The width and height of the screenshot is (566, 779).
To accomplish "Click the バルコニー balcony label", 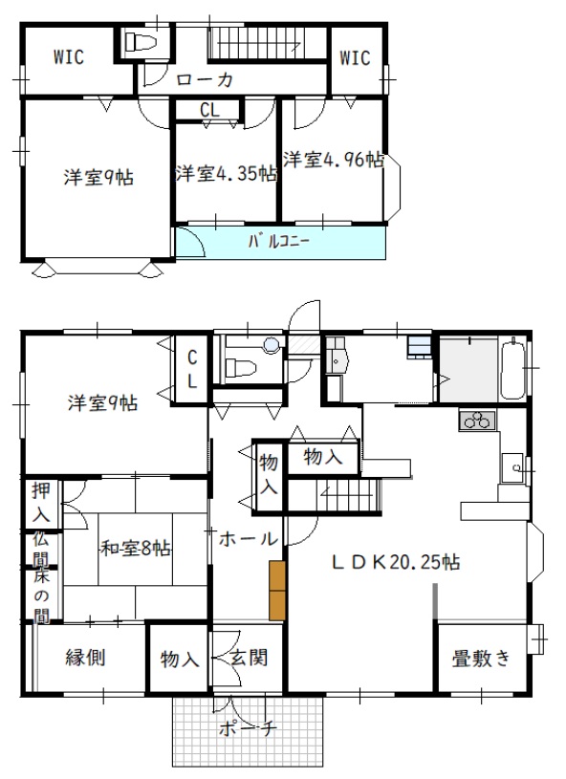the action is click(279, 242).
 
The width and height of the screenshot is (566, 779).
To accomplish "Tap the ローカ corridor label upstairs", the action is click(205, 79).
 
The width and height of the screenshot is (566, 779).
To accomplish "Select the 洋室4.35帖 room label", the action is click(226, 173).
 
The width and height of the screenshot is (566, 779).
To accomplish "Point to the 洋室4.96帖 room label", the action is click(334, 160).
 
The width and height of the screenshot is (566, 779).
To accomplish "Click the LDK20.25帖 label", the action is click(396, 562).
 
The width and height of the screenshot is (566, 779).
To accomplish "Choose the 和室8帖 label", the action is click(136, 549).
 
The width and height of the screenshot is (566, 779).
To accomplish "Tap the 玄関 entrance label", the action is click(249, 658).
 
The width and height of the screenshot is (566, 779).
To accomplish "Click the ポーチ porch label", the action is click(247, 729).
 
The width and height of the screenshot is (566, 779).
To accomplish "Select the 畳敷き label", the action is click(481, 659).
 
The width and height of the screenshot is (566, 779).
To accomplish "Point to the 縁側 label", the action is click(85, 658).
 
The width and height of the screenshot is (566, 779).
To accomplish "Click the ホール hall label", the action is click(248, 538).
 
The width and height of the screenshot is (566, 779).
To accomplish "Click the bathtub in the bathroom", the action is click(512, 368).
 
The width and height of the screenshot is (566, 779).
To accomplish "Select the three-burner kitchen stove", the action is click(477, 421).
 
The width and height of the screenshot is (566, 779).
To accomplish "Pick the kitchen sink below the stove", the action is click(512, 467).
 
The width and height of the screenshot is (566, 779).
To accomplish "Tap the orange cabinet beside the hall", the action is click(277, 591).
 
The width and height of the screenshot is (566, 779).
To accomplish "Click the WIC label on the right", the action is click(355, 58).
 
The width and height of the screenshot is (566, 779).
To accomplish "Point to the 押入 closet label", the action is click(41, 502).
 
